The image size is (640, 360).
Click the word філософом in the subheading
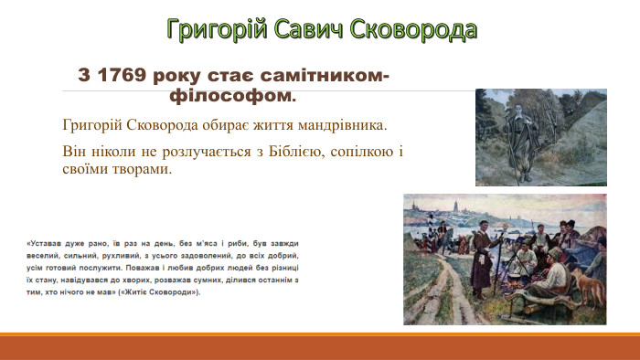(233, 94)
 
